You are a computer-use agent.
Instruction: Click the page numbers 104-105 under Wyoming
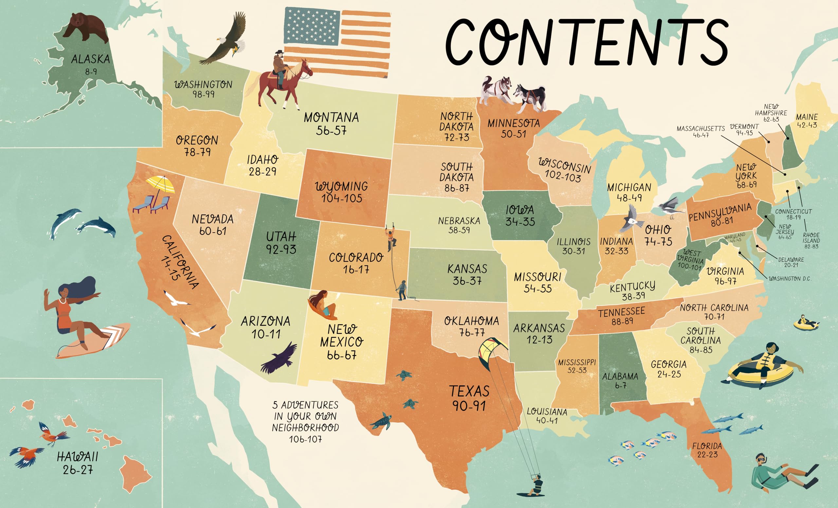342,198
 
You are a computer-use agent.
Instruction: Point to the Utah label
281,236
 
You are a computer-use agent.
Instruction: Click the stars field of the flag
312,27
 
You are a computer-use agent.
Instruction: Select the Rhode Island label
811,237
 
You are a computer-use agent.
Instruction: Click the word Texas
469,391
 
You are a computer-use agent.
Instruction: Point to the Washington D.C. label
790,279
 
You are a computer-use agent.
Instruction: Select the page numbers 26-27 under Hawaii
78,470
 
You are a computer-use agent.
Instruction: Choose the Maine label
807,117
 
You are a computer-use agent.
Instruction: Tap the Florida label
707,446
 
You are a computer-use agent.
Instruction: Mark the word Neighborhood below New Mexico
305,428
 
